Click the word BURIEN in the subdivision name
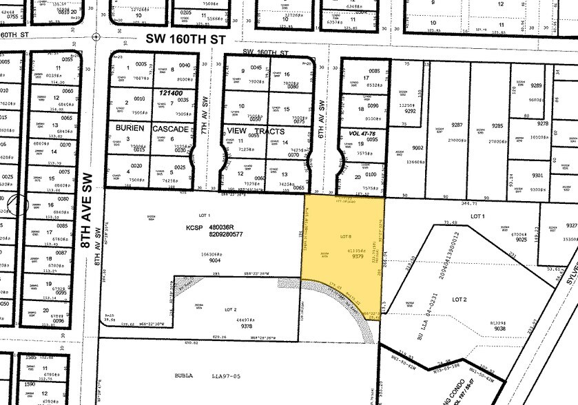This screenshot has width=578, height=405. (131, 129)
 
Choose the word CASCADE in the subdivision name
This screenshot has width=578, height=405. (169, 129)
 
